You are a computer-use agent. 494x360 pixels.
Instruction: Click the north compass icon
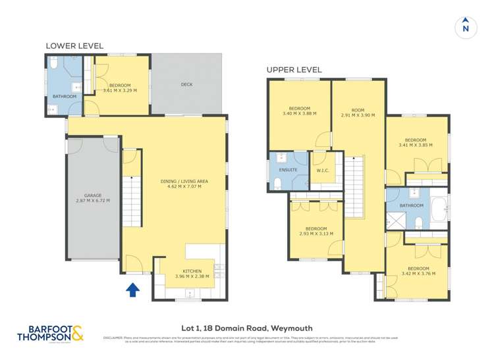[x=466, y=26]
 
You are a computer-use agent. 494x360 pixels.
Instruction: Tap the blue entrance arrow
[x=132, y=289]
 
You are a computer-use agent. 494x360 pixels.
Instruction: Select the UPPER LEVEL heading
[x=294, y=70]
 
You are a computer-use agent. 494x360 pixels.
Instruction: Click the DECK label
[x=187, y=84]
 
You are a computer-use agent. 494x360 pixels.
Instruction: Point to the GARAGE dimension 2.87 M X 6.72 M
[x=92, y=201]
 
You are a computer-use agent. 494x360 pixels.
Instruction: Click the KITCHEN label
[x=192, y=271]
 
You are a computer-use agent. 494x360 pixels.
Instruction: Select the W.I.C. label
[x=323, y=170]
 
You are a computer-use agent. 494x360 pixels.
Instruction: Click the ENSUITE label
[x=288, y=170]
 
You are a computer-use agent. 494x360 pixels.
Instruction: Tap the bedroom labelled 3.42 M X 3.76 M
[x=418, y=272]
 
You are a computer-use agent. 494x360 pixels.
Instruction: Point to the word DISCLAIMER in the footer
[x=113, y=338]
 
